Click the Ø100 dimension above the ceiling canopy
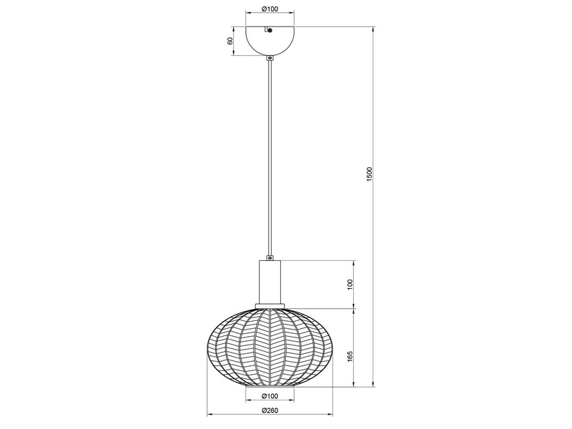270,9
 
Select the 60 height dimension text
230,41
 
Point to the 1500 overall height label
369,174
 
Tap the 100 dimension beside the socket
350,285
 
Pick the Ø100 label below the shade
270,395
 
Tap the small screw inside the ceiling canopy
269,30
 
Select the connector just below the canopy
270,59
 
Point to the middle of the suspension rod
270,157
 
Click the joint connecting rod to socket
270,257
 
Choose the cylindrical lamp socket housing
270,282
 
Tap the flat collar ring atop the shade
270,307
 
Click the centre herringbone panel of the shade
270,347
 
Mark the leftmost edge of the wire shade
207,347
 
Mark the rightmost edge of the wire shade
332,347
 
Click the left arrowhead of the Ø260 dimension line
209,415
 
